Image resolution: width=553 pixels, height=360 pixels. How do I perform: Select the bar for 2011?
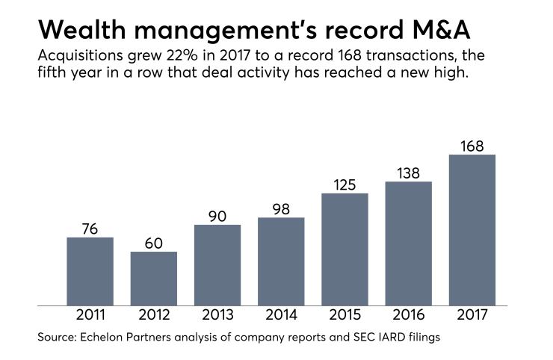coord(90,271)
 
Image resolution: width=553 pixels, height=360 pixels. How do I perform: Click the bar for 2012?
coord(154,279)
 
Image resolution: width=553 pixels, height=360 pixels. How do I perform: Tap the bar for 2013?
coord(217,265)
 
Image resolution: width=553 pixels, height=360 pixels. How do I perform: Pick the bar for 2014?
coord(281,261)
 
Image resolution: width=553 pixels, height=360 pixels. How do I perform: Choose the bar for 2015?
coord(345,249)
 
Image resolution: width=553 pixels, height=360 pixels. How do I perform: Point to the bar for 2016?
coord(409,243)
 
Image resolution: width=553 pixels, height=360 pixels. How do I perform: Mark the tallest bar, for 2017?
coord(472,230)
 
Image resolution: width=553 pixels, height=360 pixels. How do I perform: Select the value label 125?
coord(345,183)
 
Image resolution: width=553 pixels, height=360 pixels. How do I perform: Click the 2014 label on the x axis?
coord(281,315)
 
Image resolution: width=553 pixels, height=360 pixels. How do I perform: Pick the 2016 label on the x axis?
coord(409,315)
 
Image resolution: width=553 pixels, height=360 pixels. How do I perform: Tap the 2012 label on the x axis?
coord(154,315)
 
